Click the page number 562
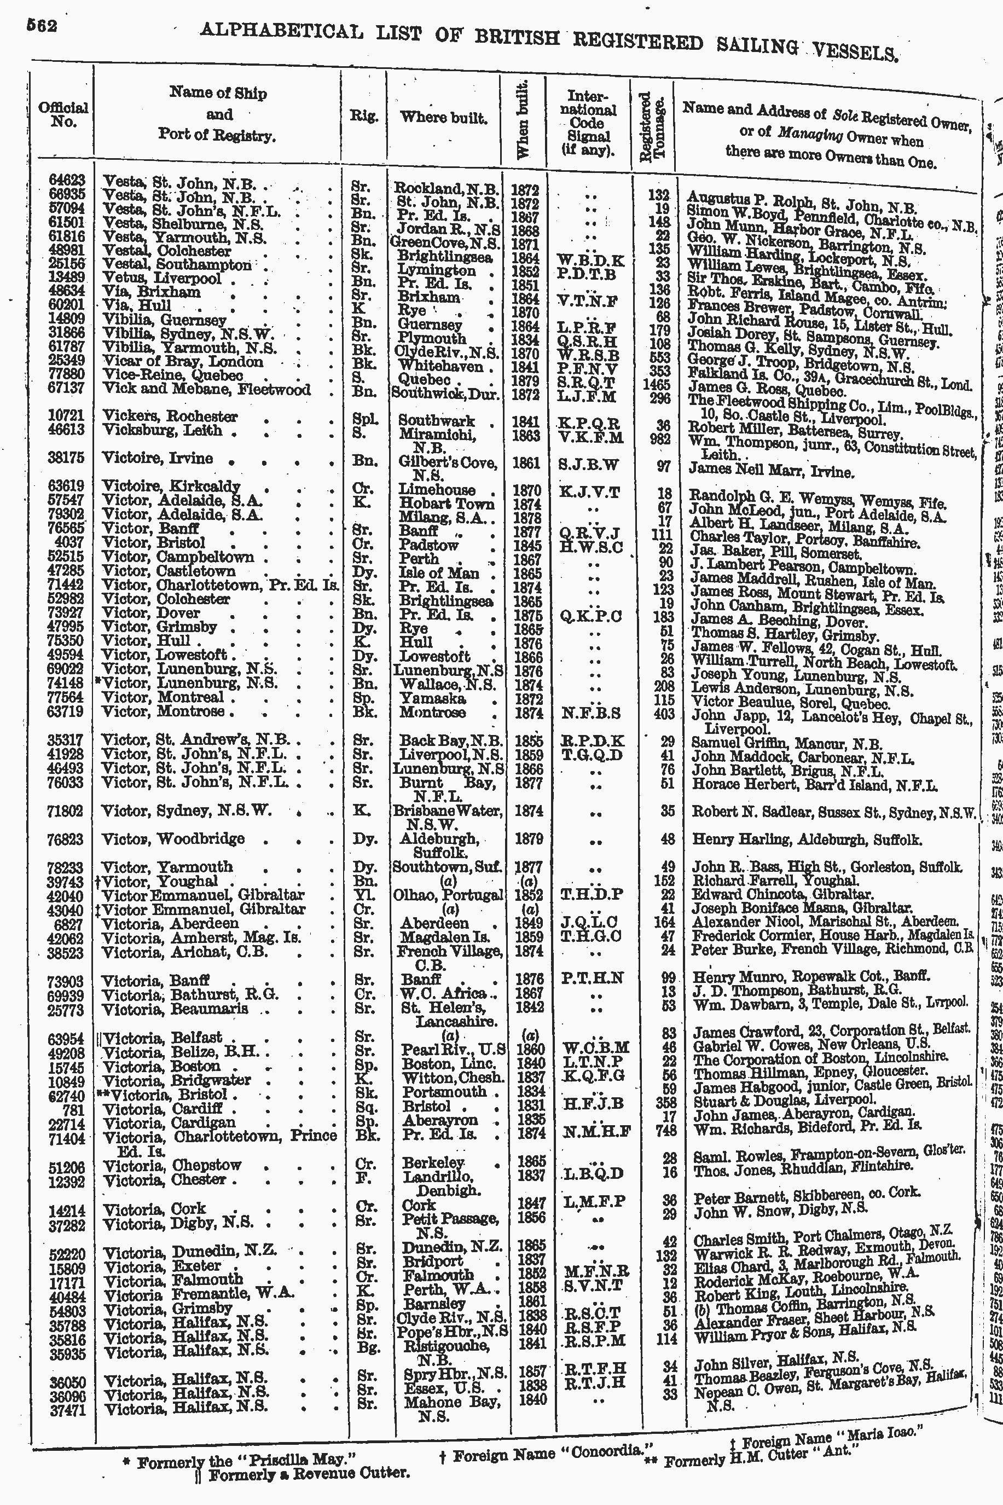pos(42,26)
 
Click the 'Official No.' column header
pos(63,115)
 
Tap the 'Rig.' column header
pos(363,117)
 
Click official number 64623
pos(67,182)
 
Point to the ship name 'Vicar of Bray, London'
pos(183,362)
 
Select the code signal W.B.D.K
pos(589,261)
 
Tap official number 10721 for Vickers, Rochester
pos(67,416)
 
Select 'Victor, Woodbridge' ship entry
pos(174,838)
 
